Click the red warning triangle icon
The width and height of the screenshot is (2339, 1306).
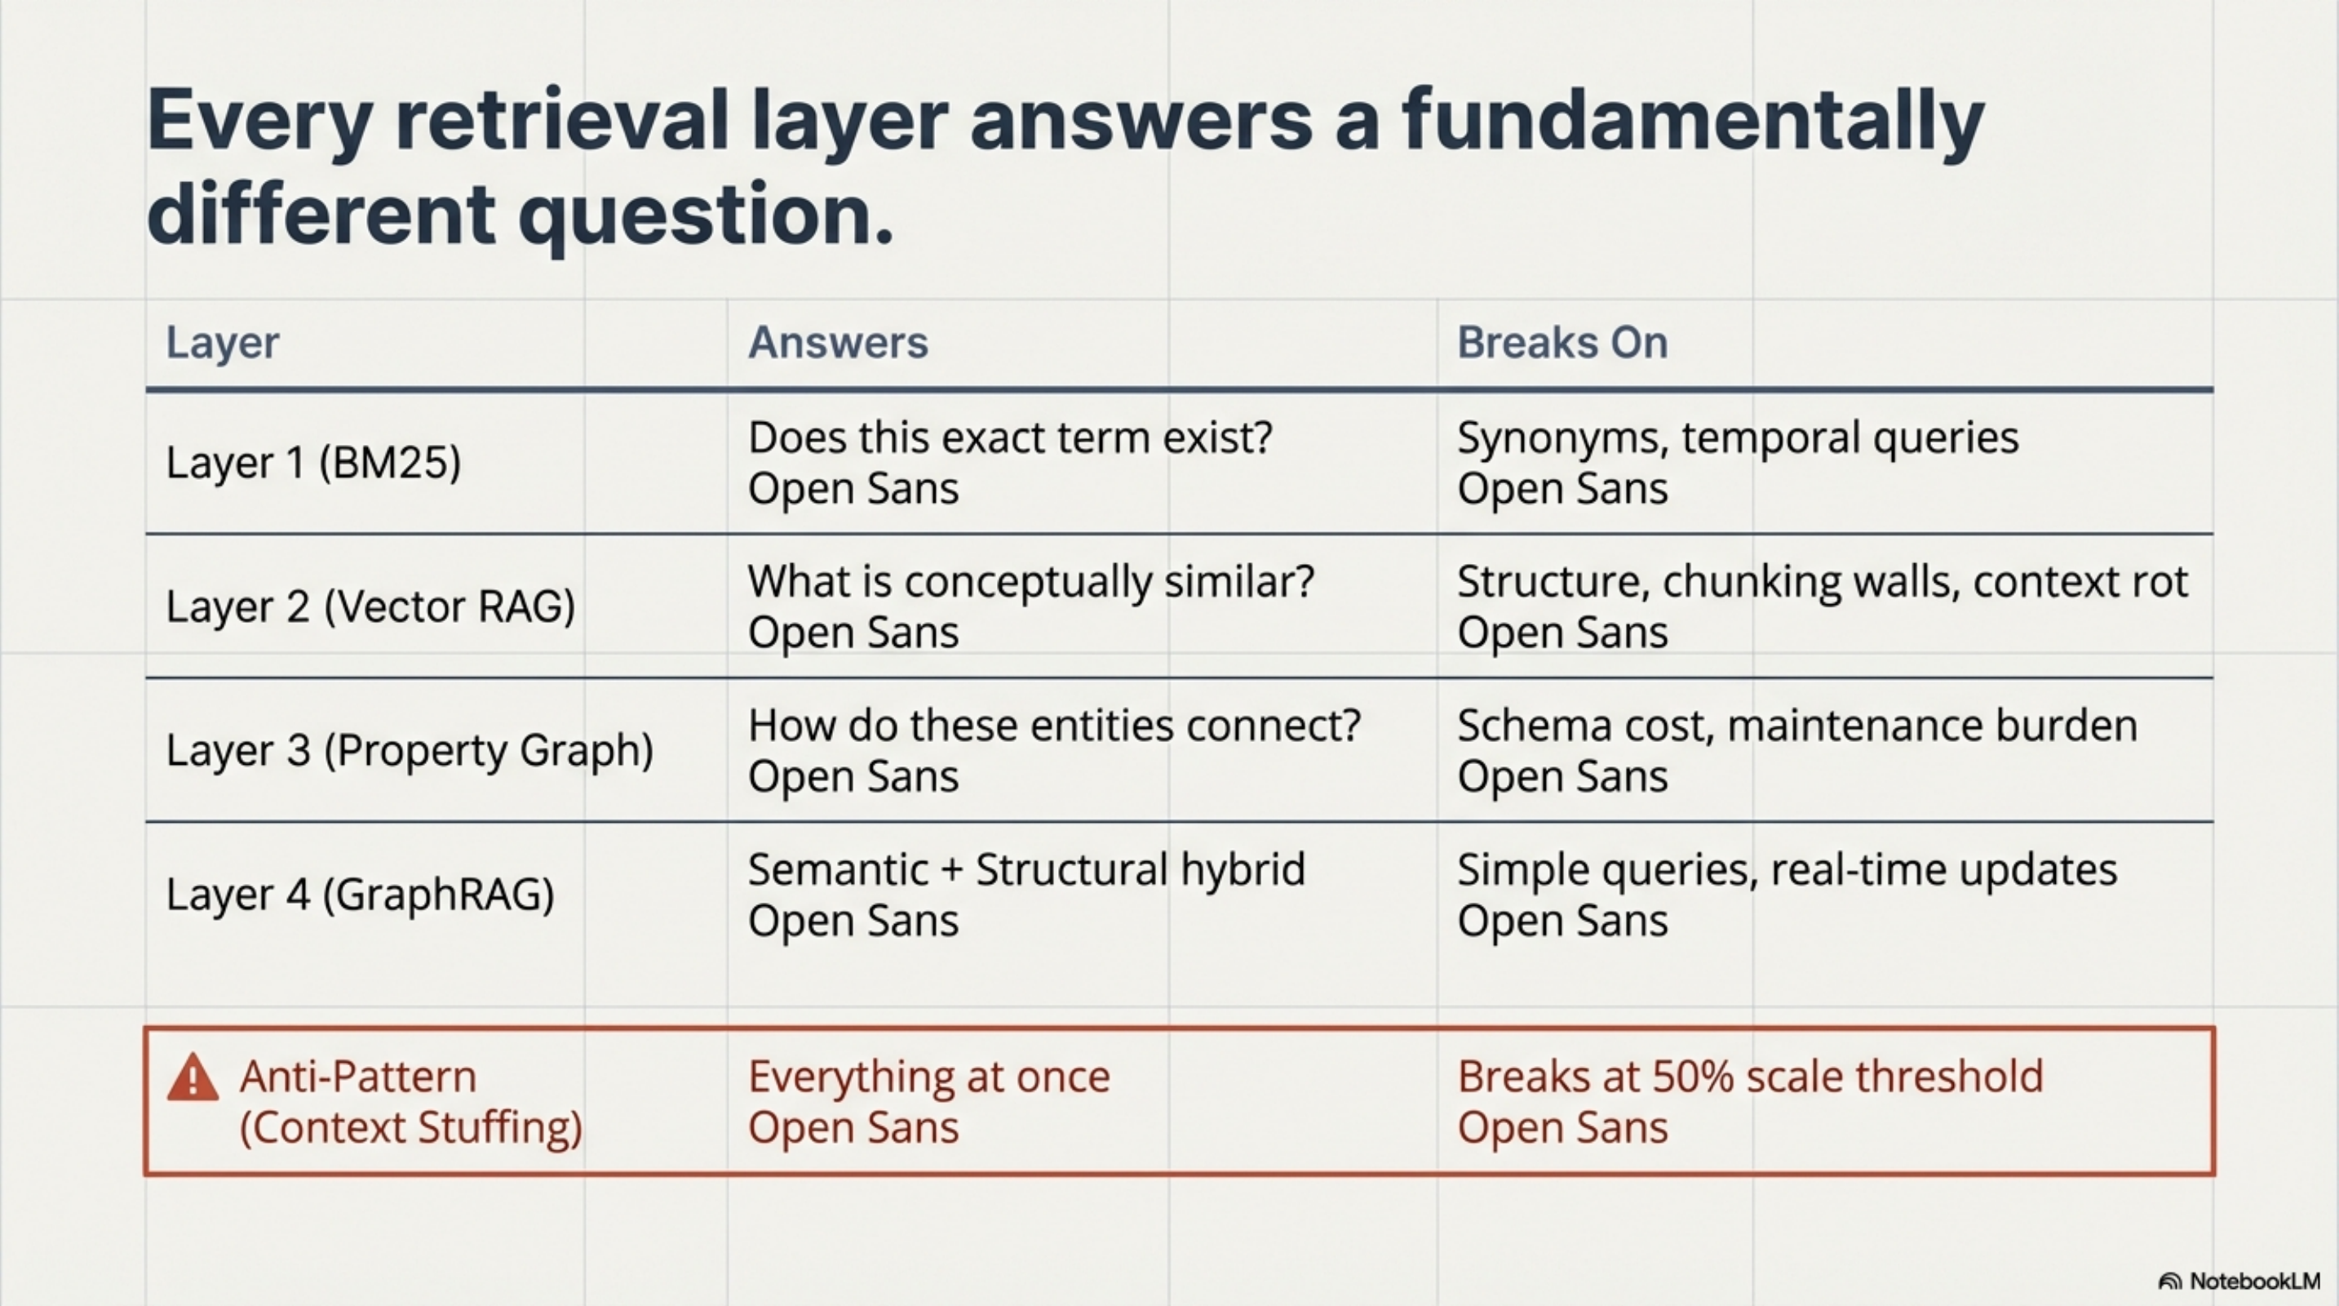193,1078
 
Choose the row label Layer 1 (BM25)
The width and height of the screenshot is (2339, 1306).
313,462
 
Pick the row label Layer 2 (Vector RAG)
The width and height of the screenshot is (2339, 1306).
370,606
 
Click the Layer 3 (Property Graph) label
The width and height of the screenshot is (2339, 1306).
410,750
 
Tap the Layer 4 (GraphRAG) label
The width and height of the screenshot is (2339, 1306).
360,895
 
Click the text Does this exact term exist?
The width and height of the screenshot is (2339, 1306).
1010,438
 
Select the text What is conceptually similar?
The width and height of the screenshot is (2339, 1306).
1030,581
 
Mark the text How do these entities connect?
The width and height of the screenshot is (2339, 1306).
1054,726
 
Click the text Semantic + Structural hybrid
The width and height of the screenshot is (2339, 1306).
1026,869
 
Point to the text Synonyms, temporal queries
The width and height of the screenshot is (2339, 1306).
1737,438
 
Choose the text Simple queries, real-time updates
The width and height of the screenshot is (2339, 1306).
1787,869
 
